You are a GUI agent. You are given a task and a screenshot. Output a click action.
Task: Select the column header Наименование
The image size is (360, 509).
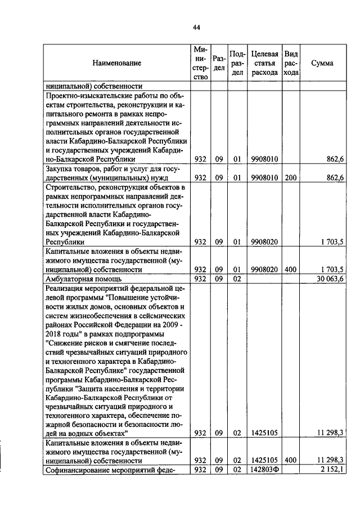pos(117,64)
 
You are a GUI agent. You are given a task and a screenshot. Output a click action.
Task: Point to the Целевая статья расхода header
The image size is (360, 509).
pos(264,64)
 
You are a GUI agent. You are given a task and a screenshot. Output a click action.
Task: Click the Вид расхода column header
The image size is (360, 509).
pos(291,64)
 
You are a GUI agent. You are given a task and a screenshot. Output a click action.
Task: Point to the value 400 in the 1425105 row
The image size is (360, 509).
pos(290,460)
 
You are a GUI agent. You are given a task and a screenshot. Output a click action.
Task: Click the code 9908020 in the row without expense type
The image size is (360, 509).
pos(264,242)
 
